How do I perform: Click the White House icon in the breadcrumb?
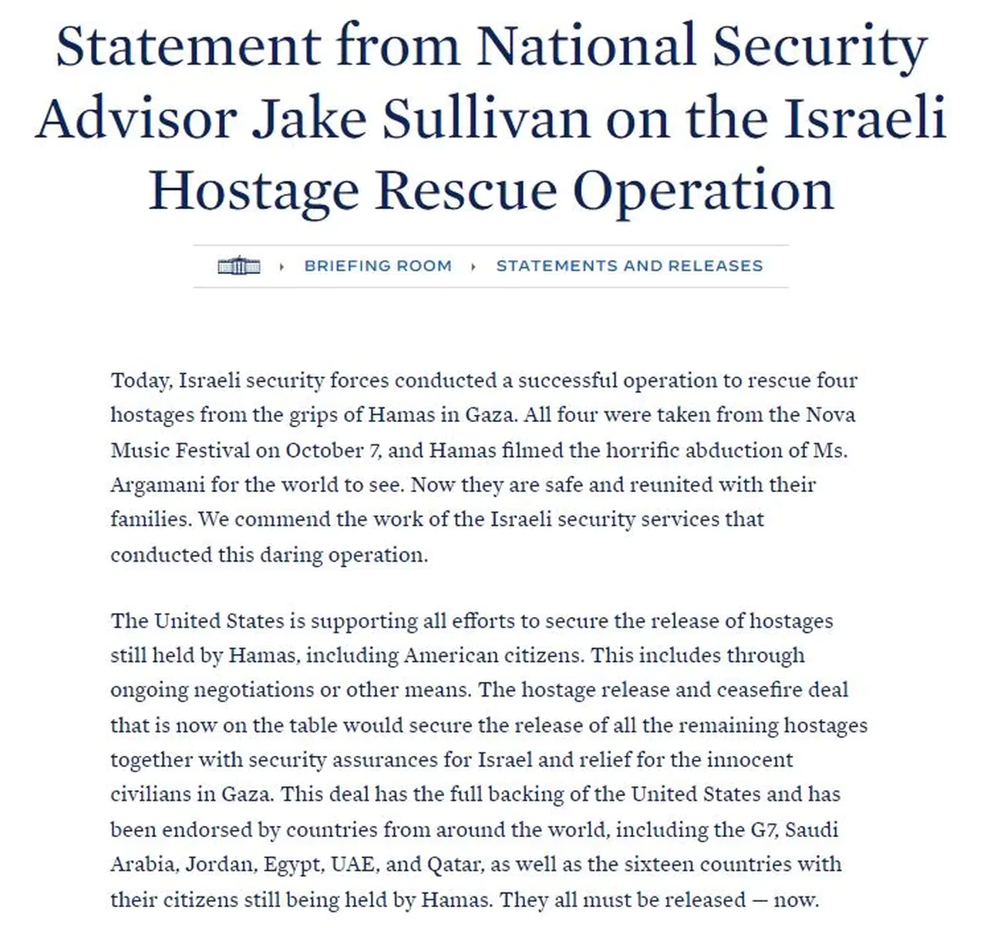click(x=239, y=266)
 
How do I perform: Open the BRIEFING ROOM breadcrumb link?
click(x=378, y=266)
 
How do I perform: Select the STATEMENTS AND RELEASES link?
click(x=629, y=266)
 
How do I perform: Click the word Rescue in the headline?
click(x=466, y=190)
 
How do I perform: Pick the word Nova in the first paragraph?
click(x=830, y=415)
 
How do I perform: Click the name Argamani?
click(x=157, y=485)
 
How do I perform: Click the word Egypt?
click(x=292, y=864)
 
